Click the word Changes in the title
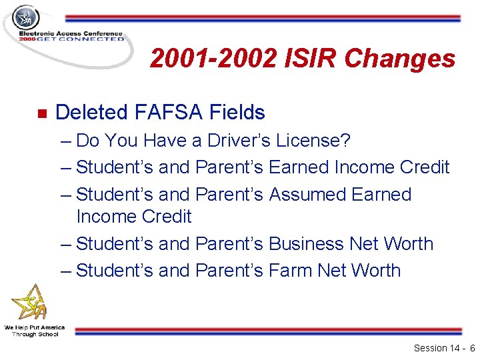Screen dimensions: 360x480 402,59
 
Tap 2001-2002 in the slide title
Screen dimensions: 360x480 213,59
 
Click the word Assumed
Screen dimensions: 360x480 311,194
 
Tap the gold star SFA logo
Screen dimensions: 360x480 31,303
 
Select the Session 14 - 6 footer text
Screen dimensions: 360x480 443,348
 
